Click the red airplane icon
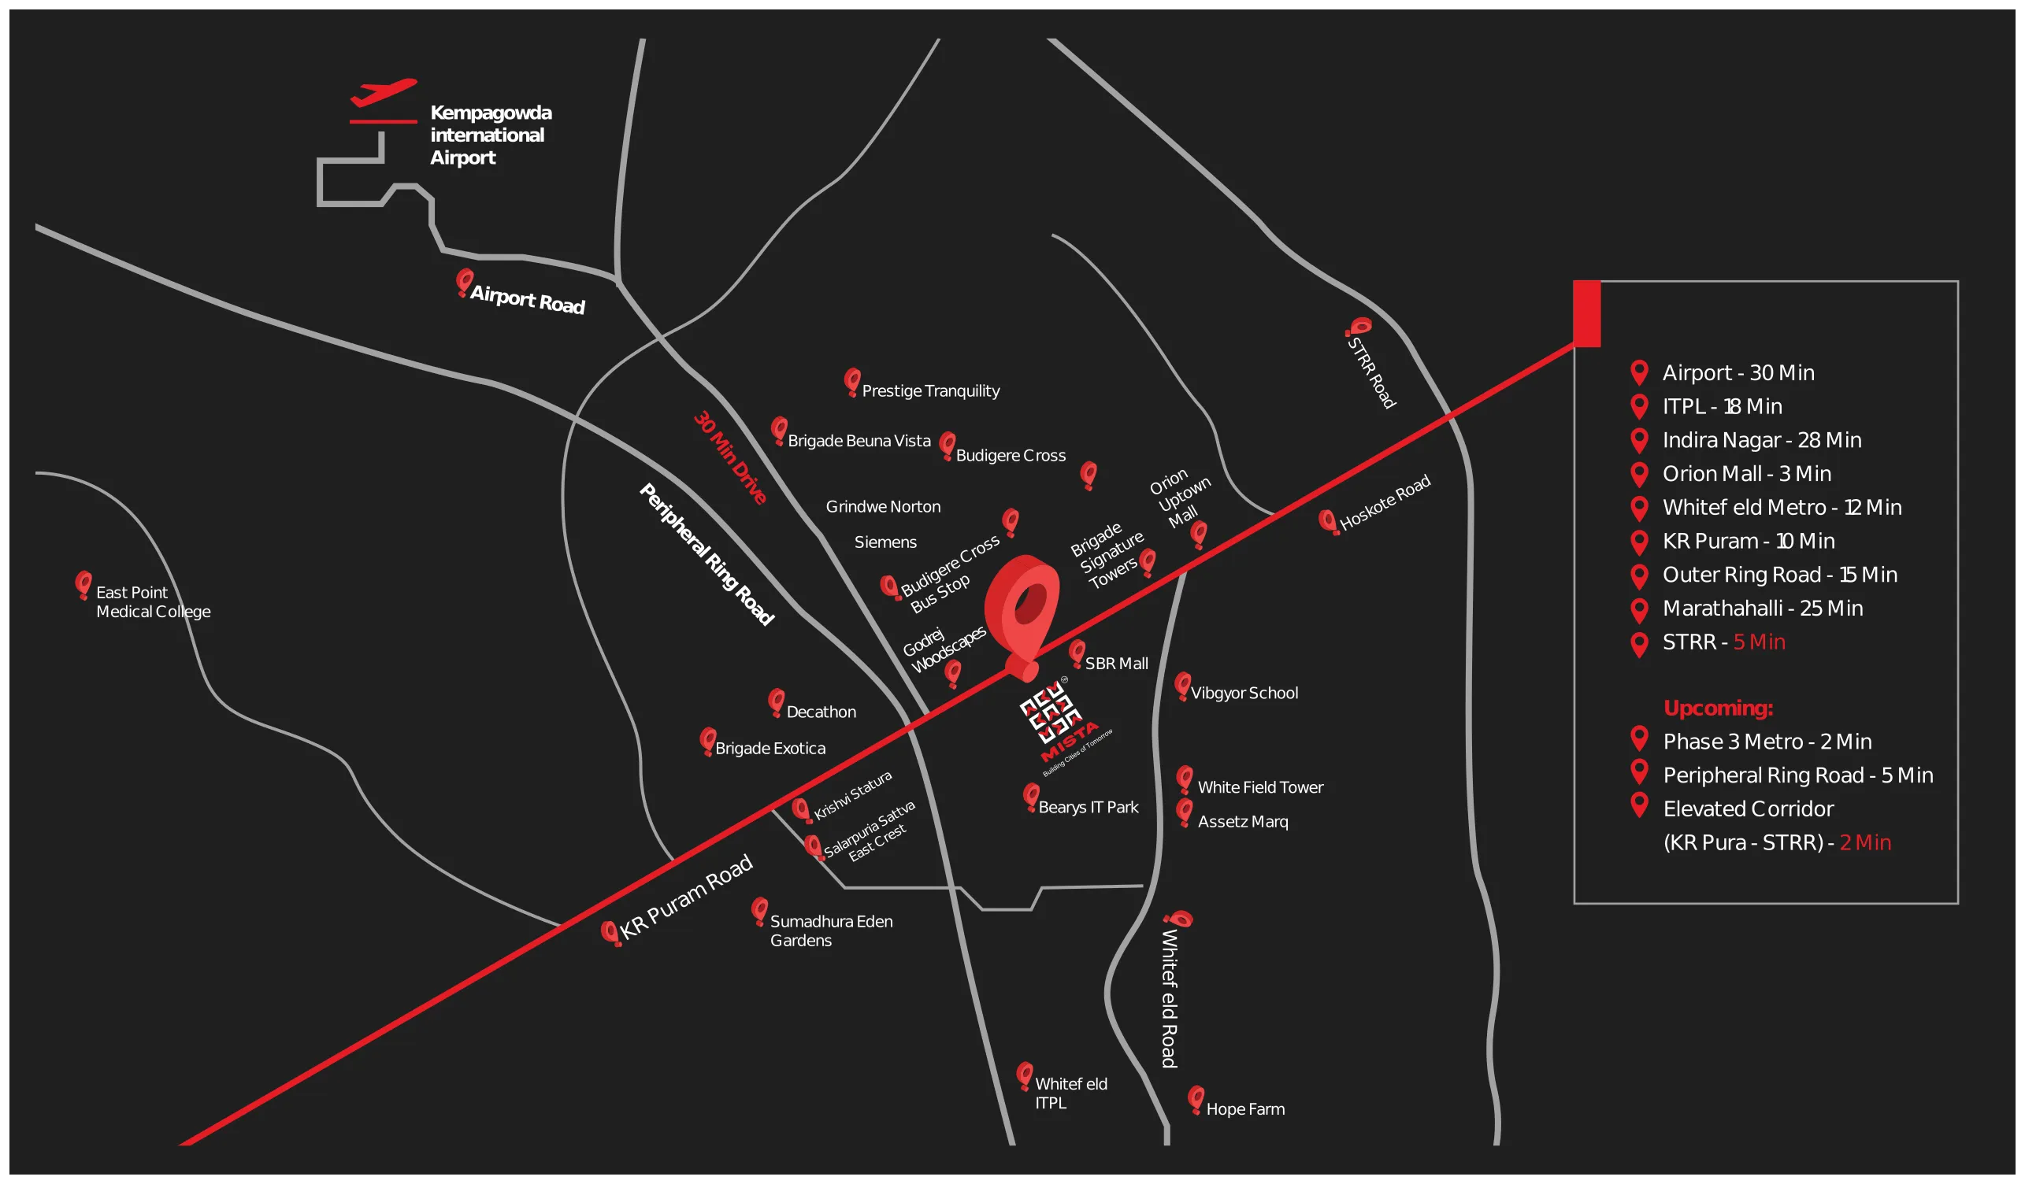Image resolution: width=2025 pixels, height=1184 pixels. tap(384, 92)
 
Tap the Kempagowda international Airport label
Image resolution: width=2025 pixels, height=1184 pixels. tap(490, 135)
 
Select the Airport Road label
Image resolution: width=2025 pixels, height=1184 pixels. tap(527, 299)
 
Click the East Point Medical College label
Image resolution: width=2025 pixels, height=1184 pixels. tap(153, 601)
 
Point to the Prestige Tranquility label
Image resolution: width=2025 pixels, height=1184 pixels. tap(930, 391)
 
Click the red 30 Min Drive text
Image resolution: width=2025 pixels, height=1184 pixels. tap(729, 458)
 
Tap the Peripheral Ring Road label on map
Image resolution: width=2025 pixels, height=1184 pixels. tap(707, 554)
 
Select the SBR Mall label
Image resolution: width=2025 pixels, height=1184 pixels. tap(1116, 664)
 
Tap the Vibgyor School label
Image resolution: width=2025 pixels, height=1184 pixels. tap(1244, 694)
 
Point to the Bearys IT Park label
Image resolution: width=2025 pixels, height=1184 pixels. tap(1088, 807)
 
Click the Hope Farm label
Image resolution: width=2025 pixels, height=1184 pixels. tap(1244, 1109)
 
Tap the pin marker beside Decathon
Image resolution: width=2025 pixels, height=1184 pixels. tap(777, 701)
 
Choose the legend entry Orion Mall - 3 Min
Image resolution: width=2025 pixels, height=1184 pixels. tap(1746, 474)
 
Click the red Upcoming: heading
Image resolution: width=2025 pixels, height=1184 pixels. tap(1718, 708)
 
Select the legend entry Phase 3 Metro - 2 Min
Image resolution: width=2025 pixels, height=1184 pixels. tap(1767, 742)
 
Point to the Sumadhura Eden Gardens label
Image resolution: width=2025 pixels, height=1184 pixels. tap(831, 931)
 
